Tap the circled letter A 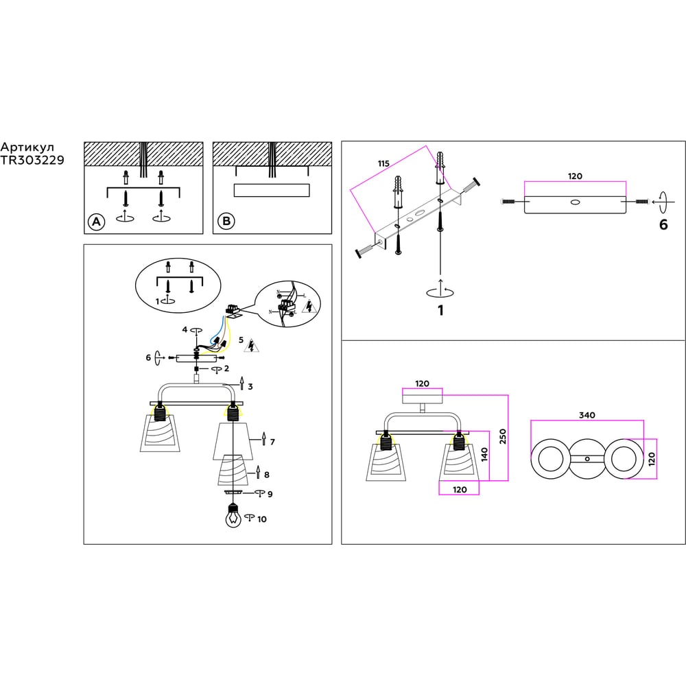click(x=97, y=222)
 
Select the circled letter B click(x=226, y=222)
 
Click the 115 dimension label click(x=383, y=163)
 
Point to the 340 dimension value click(x=587, y=414)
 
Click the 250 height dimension click(x=502, y=437)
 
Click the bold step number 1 click(x=440, y=310)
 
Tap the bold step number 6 click(x=663, y=224)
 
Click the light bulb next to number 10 click(x=233, y=517)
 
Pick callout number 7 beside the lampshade click(x=272, y=442)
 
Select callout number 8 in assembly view click(x=267, y=474)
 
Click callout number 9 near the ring click(x=270, y=494)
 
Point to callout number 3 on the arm click(x=250, y=387)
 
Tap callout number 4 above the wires click(x=185, y=330)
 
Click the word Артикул click(x=27, y=147)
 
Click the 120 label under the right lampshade click(x=459, y=489)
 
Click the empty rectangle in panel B click(x=272, y=190)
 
